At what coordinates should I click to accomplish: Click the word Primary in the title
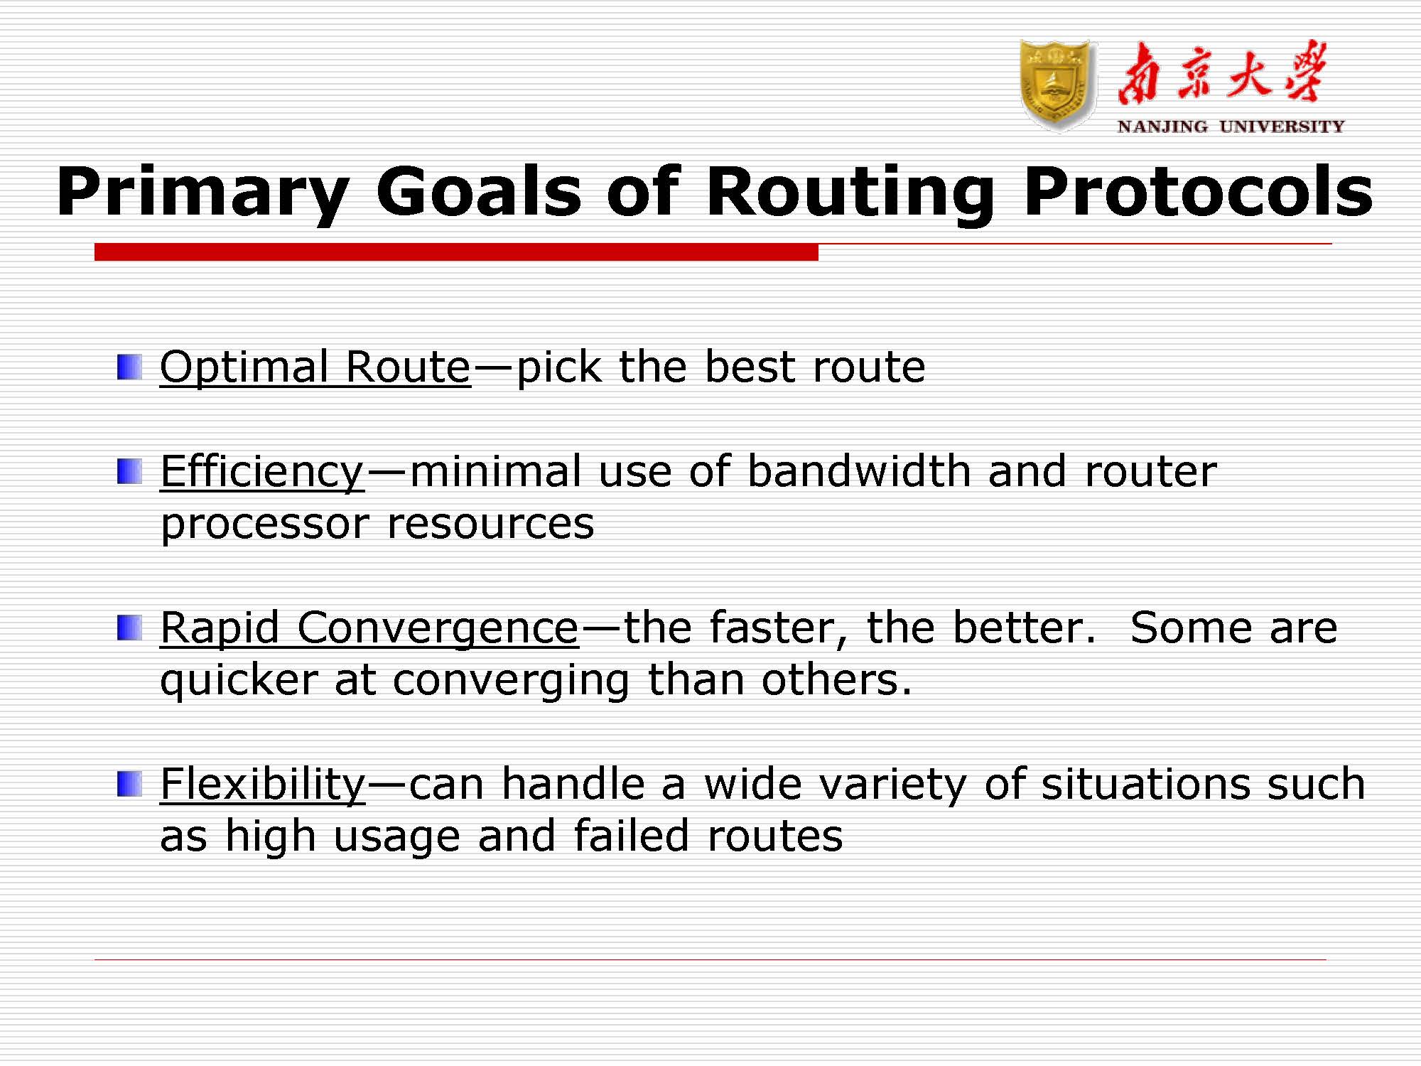pos(203,192)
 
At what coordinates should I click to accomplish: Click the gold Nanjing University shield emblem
pos(1057,85)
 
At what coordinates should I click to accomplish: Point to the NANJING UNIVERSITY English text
pos(1231,126)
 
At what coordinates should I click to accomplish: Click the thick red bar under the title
pos(456,252)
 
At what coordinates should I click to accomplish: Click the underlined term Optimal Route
pos(315,367)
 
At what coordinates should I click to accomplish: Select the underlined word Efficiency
pos(262,472)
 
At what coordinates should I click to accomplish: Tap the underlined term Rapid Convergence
pos(369,629)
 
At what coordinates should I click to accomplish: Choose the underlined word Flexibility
pos(263,785)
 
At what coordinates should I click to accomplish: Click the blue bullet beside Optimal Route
pos(129,367)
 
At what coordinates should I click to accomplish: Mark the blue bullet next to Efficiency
pos(129,472)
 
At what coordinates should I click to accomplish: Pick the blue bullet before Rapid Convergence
pos(129,628)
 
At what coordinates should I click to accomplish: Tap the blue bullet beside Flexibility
pos(129,785)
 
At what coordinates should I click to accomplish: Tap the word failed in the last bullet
pos(632,835)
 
